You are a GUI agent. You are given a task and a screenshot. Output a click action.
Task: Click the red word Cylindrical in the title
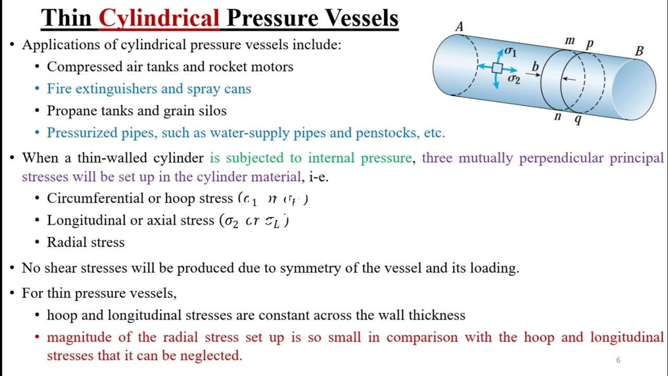click(x=159, y=19)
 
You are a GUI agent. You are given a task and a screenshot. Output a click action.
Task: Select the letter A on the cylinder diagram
click(x=459, y=27)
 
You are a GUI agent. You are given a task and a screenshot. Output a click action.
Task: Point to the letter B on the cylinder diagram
click(x=639, y=51)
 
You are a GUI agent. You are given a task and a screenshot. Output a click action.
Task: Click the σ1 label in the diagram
click(x=510, y=52)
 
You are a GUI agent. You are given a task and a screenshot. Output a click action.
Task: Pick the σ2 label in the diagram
click(x=514, y=79)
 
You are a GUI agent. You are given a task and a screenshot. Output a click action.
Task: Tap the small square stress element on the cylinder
click(x=497, y=68)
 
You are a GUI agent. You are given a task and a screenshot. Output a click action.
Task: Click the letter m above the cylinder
click(x=569, y=40)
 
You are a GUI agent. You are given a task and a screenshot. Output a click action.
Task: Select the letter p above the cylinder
click(x=590, y=43)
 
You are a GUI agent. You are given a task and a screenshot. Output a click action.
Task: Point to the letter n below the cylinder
click(x=557, y=116)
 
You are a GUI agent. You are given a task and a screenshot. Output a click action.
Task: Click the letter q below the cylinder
click(x=578, y=119)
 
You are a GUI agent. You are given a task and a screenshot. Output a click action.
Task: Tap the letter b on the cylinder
click(x=534, y=66)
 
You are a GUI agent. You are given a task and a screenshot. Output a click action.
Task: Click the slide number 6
click(x=618, y=360)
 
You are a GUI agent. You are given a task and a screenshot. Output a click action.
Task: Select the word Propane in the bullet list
click(x=69, y=111)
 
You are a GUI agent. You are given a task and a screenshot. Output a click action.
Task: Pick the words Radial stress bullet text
click(x=86, y=242)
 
